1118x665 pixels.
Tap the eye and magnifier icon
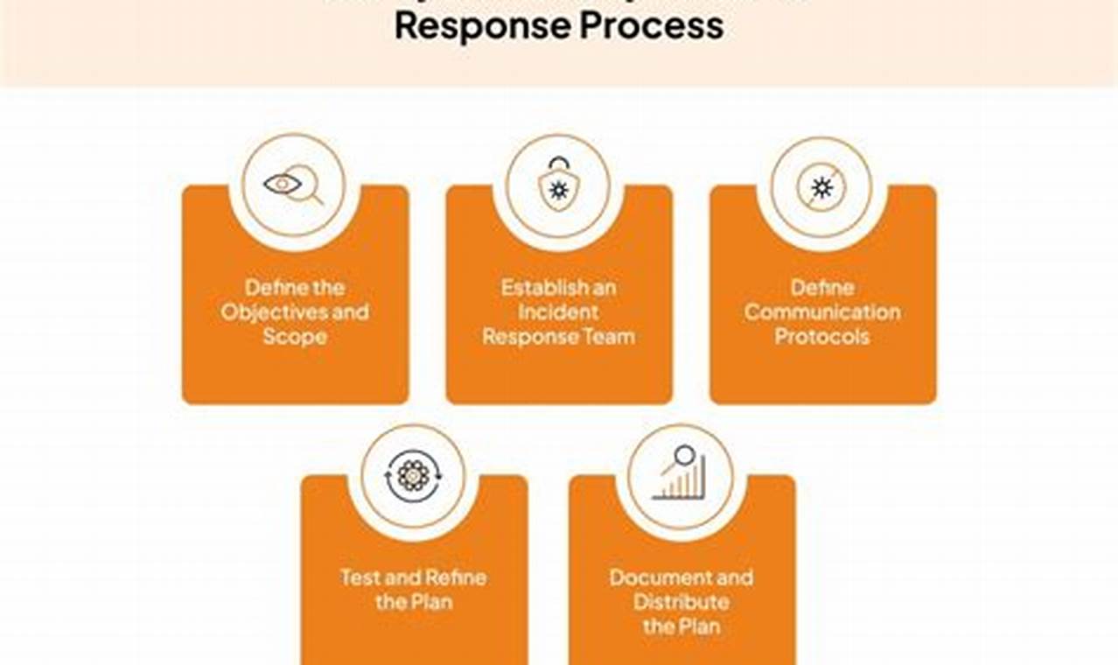point(293,185)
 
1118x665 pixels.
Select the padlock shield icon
point(558,185)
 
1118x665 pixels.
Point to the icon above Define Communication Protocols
point(821,186)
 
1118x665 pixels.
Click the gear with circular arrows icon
point(413,476)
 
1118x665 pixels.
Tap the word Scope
point(295,337)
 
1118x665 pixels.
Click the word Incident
point(558,312)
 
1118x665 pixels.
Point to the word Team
point(611,337)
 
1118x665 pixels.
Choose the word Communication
point(822,312)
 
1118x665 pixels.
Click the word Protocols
point(822,337)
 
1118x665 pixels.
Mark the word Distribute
point(681,603)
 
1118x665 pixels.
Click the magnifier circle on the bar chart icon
point(684,455)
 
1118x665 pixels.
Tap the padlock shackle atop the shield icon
point(557,164)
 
